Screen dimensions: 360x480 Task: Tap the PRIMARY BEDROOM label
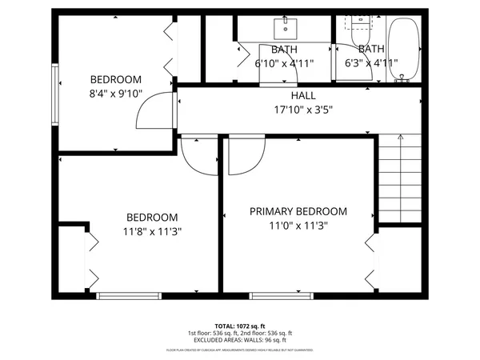click(298, 211)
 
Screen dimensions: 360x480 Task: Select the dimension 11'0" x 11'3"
click(298, 226)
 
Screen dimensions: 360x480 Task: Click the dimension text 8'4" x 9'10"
click(116, 94)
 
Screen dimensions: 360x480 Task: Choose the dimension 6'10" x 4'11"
click(284, 63)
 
